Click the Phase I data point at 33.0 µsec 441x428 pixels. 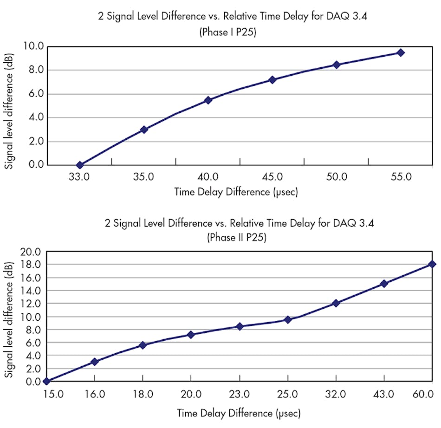(x=80, y=165)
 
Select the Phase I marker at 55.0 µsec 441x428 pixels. (x=401, y=53)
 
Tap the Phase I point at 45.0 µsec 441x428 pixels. (x=272, y=80)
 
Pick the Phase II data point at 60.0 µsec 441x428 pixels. (x=432, y=264)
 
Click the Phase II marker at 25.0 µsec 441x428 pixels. (x=288, y=320)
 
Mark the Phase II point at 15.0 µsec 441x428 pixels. (x=46, y=381)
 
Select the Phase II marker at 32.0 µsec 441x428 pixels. (x=336, y=303)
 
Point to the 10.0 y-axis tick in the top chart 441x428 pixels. (x=33, y=46)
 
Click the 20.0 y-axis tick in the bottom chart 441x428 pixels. (x=31, y=252)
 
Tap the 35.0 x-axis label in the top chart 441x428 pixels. (x=143, y=177)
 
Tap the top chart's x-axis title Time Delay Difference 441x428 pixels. (x=236, y=192)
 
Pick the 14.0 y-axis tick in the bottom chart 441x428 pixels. (x=31, y=291)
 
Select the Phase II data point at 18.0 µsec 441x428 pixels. (x=143, y=345)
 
